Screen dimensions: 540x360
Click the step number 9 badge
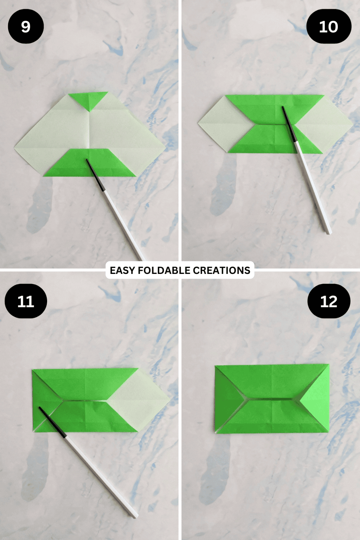point(26,27)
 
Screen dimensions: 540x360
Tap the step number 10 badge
point(329,27)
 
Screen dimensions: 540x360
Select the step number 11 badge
point(26,301)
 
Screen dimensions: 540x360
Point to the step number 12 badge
point(329,301)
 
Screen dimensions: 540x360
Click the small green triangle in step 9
point(88,99)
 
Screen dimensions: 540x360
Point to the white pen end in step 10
point(328,231)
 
